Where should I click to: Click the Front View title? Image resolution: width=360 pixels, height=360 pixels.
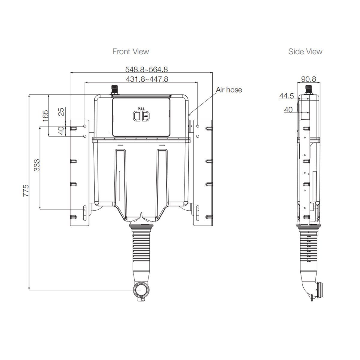pyautogui.click(x=130, y=52)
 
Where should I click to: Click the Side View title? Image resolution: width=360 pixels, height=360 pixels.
pyautogui.click(x=305, y=52)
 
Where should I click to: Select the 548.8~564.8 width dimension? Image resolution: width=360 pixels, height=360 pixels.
pyautogui.click(x=146, y=69)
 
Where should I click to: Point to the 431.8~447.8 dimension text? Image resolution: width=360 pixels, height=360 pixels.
pyautogui.click(x=146, y=79)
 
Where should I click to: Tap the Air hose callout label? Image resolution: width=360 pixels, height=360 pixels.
pyautogui.click(x=229, y=90)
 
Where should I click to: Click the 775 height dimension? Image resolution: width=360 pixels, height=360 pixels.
pyautogui.click(x=26, y=190)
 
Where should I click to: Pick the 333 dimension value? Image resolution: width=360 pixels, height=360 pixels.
pyautogui.click(x=37, y=165)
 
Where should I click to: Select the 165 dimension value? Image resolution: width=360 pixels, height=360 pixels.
pyautogui.click(x=45, y=116)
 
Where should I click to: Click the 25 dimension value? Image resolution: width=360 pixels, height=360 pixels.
pyautogui.click(x=61, y=112)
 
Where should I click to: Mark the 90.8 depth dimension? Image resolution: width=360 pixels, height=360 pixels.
pyautogui.click(x=308, y=79)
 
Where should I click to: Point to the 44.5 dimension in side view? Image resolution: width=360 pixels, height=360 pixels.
pyautogui.click(x=286, y=96)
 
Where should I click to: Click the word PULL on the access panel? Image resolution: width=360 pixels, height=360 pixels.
pyautogui.click(x=141, y=109)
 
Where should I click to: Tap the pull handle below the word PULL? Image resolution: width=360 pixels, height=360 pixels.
pyautogui.click(x=141, y=116)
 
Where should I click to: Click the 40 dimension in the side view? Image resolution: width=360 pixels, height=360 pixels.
pyautogui.click(x=288, y=110)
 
